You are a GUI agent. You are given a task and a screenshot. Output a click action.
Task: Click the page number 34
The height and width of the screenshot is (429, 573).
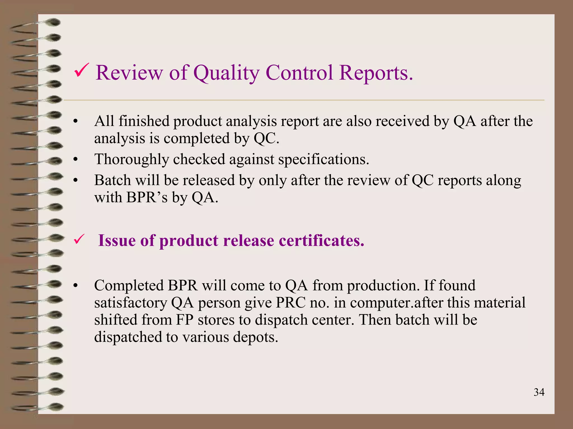[x=539, y=392]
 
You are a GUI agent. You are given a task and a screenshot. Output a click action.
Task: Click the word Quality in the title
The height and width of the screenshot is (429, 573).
[x=227, y=73]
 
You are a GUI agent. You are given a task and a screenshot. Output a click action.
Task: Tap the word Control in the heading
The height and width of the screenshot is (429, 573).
[x=299, y=73]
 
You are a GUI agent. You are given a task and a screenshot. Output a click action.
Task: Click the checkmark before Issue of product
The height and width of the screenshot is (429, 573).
[x=79, y=240]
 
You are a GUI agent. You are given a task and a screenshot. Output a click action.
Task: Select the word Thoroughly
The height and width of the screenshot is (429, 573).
[x=131, y=160]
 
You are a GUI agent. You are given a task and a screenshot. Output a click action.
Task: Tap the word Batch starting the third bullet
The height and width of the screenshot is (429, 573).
[x=112, y=180]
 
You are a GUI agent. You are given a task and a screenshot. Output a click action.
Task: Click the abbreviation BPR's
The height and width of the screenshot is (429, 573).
[x=147, y=197]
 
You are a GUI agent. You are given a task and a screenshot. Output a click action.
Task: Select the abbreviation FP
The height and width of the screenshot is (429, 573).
[x=184, y=320]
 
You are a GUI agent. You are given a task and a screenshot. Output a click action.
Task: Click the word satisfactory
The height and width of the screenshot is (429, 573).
[x=131, y=303]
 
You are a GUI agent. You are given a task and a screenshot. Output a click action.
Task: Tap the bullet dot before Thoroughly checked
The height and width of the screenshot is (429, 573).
[x=75, y=160]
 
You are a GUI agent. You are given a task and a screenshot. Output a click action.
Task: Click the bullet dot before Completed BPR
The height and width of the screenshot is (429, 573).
[x=75, y=286]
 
